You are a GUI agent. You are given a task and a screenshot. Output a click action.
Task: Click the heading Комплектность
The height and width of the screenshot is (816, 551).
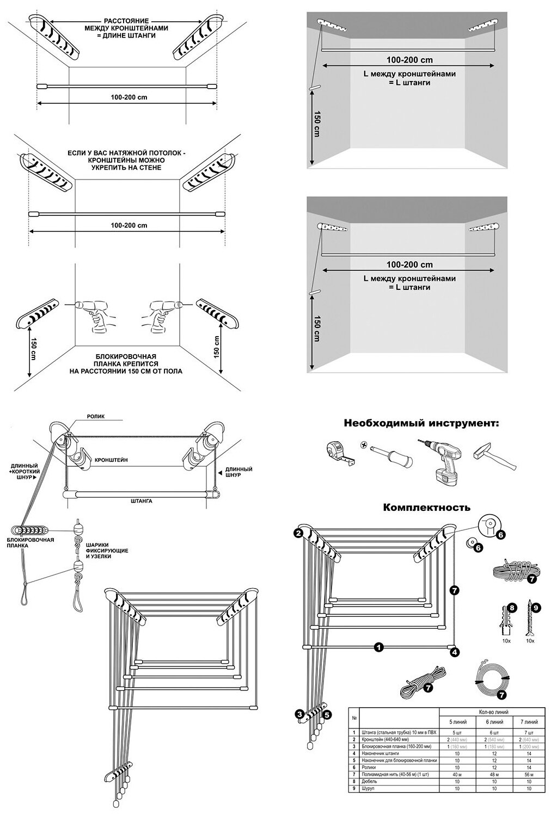click(x=427, y=508)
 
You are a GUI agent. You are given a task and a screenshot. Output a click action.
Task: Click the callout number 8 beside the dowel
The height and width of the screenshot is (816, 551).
click(x=511, y=607)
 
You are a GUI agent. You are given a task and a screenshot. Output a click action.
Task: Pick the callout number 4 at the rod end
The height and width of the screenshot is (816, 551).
click(x=454, y=652)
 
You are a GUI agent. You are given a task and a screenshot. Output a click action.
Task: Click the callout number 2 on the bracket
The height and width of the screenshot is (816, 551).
click(x=298, y=534)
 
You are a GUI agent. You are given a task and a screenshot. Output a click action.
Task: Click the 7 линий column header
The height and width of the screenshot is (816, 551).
click(x=528, y=721)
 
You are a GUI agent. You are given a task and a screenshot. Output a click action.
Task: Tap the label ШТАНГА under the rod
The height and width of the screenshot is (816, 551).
click(x=141, y=500)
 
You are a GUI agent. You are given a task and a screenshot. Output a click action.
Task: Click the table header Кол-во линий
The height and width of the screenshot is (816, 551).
click(x=493, y=712)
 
